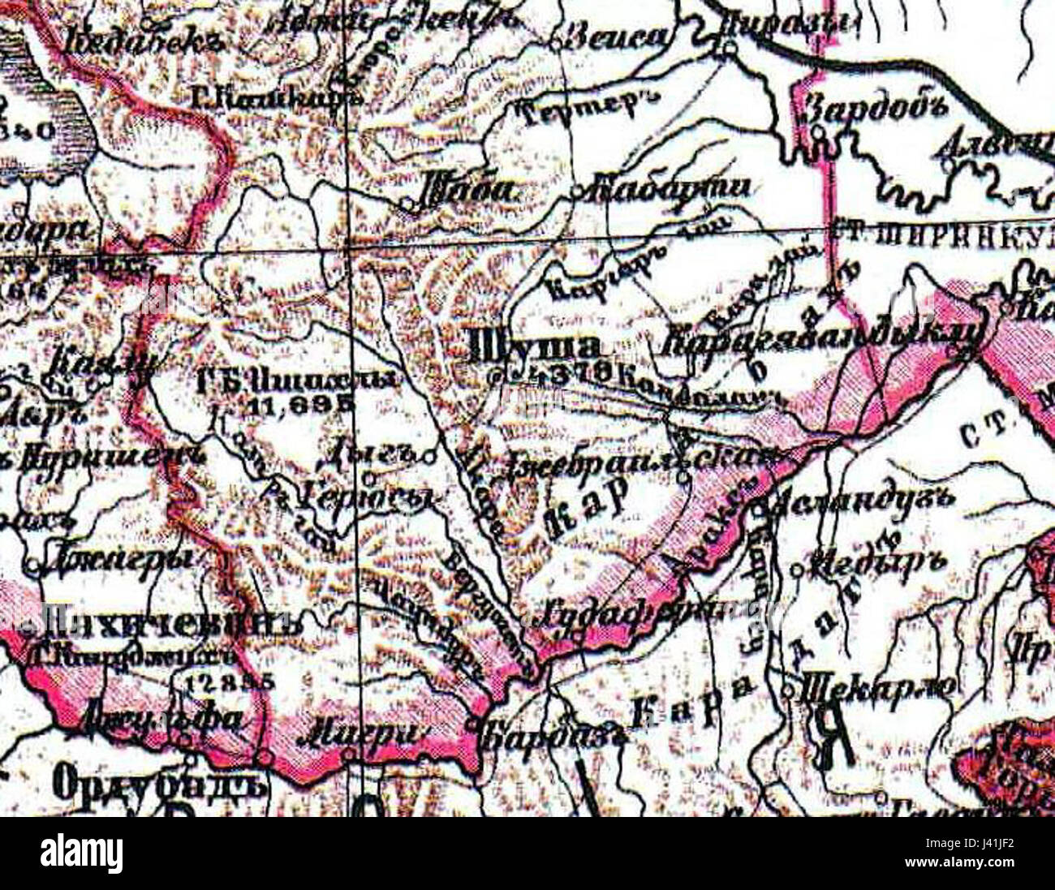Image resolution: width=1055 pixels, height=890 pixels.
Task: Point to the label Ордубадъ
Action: pos(159,784)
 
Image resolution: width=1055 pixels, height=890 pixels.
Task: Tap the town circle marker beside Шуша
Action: pos(498,376)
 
